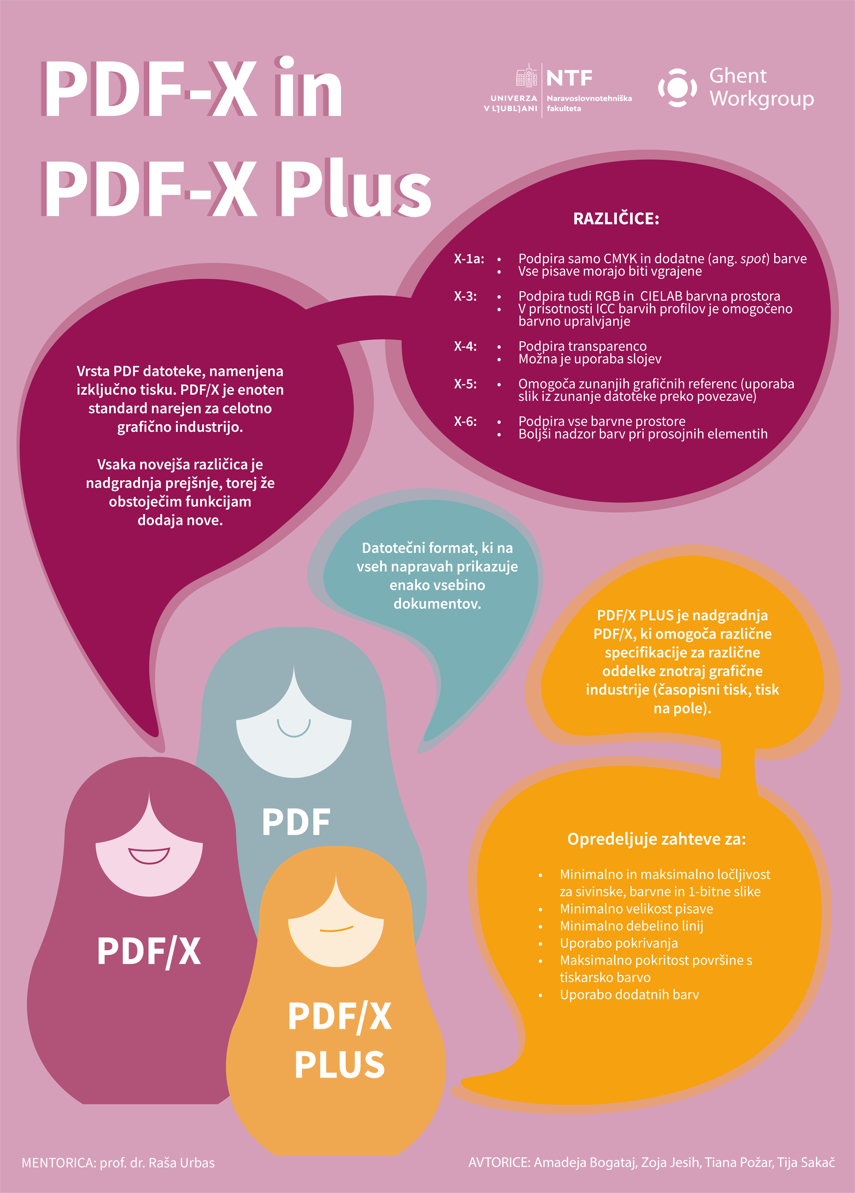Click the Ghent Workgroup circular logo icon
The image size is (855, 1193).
coord(677,87)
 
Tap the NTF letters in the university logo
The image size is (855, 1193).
coord(569,78)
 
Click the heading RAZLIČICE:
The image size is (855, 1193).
coord(616,219)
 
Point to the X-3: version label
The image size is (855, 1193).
coord(465,296)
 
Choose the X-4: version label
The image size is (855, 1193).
coord(465,346)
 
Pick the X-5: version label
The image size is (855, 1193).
coord(465,384)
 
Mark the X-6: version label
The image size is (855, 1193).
coord(465,421)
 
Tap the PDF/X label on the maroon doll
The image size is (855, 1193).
coord(149,951)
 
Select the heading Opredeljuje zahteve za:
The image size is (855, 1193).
coord(656,839)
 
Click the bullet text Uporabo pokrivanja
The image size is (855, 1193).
coord(618,943)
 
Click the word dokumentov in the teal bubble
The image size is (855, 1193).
coord(437,604)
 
